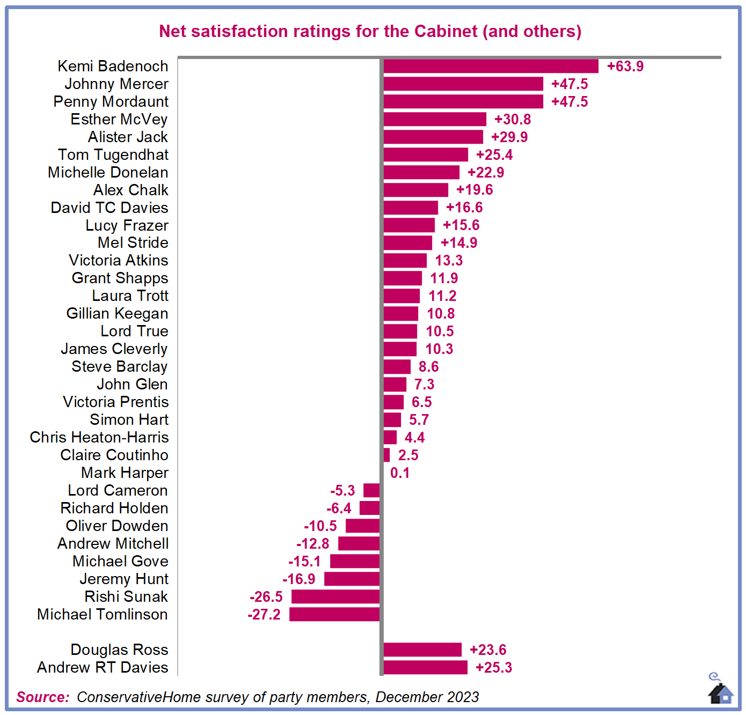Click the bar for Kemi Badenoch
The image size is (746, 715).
(491, 66)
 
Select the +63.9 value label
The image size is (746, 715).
(625, 67)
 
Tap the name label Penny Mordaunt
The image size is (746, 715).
(111, 102)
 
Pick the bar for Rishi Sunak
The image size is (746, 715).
(335, 596)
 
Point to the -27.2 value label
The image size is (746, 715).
(264, 615)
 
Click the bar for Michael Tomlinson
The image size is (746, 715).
(334, 614)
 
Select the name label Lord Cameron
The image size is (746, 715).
(118, 491)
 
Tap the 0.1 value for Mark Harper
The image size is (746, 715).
(400, 473)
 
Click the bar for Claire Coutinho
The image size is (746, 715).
(387, 455)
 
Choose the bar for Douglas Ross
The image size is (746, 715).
(422, 650)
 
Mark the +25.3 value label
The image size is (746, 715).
(494, 668)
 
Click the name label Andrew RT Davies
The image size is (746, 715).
(103, 668)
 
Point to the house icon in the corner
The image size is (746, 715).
(720, 691)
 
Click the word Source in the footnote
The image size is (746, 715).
(42, 697)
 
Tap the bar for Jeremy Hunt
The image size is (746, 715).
(352, 579)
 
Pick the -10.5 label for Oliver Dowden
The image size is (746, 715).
(320, 526)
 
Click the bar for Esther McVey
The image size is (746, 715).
(435, 119)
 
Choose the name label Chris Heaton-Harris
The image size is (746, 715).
(99, 438)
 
